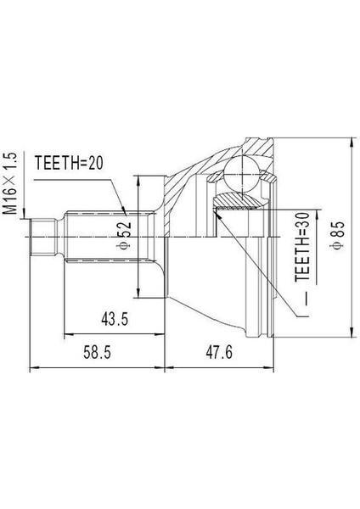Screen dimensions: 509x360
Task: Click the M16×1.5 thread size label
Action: pos(11,182)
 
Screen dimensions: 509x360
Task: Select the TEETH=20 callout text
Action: pos(68,163)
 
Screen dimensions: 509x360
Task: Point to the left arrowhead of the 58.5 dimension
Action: pos(32,367)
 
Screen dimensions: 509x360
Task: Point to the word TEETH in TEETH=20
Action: pos(55,163)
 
